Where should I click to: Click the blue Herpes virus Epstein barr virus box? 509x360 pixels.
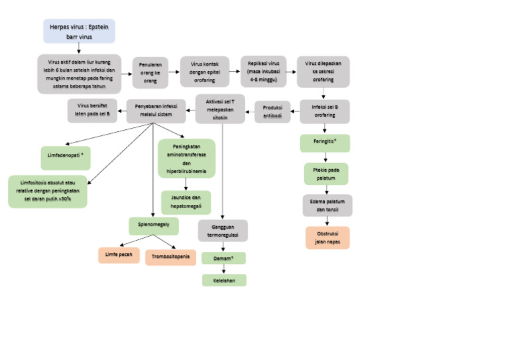[80, 31]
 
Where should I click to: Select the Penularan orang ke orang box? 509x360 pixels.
[150, 72]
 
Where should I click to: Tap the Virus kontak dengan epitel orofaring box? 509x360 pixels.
[205, 72]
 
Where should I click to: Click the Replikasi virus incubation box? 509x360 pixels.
[263, 71]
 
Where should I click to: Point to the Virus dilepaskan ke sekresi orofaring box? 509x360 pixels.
[323, 72]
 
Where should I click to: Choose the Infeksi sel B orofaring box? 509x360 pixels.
[325, 111]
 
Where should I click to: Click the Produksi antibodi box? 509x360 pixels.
[272, 111]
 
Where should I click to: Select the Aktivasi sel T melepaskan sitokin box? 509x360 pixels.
[220, 109]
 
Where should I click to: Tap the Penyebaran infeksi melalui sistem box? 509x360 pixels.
[156, 111]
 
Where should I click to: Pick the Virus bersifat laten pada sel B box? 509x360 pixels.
[93, 111]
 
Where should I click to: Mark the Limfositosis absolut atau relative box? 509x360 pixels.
[48, 192]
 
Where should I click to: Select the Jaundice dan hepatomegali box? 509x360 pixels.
[186, 202]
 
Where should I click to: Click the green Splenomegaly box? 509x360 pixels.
[154, 225]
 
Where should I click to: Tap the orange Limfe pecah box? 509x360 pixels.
[119, 255]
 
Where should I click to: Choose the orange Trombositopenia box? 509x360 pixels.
[170, 257]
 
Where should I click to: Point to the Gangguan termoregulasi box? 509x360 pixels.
[223, 231]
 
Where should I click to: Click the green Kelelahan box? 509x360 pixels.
[224, 280]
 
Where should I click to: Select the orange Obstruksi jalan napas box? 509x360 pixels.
[327, 237]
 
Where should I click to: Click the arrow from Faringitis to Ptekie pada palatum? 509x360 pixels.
[325, 158]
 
